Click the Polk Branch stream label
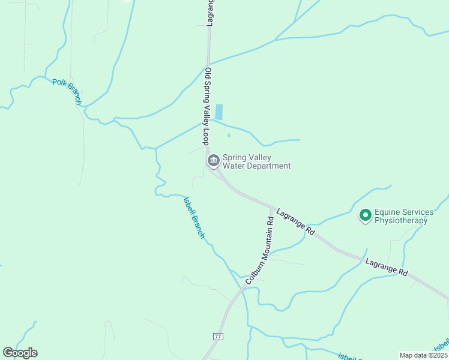[67, 92]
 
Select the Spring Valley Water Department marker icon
[213, 161]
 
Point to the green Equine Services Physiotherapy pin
[365, 215]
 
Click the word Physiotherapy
[401, 220]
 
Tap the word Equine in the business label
[387, 212]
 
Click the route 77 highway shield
[217, 337]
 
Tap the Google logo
[20, 353]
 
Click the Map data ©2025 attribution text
[423, 355]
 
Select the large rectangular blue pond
[219, 112]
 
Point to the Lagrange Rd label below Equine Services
[386, 268]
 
